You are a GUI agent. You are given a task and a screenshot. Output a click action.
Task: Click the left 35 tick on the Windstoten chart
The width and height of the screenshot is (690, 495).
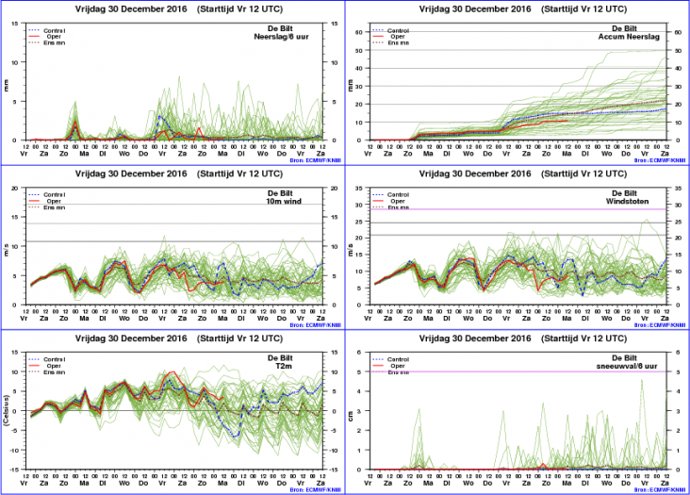pos(361,188)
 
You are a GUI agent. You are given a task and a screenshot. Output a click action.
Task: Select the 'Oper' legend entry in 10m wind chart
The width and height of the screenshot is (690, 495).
pos(53,201)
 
